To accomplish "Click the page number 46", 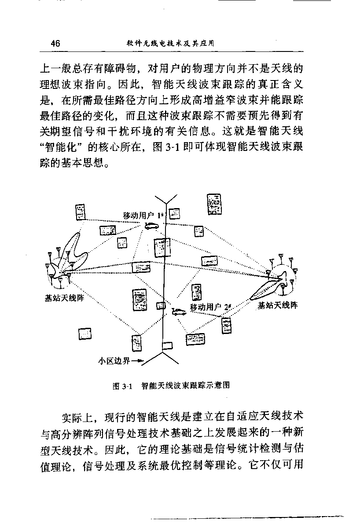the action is [55, 44].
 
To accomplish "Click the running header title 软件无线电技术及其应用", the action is [170, 44].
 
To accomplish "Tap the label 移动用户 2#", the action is [210, 307].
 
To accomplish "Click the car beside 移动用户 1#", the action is [151, 226].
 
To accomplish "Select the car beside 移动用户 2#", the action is [179, 312].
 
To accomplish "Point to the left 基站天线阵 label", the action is [64, 298].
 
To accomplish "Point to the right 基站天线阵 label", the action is [278, 305].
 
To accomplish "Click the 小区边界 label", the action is [114, 361].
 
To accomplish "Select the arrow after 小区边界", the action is [137, 361].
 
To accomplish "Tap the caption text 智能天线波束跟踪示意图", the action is [186, 385].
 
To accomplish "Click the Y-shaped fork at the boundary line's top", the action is [166, 203].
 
